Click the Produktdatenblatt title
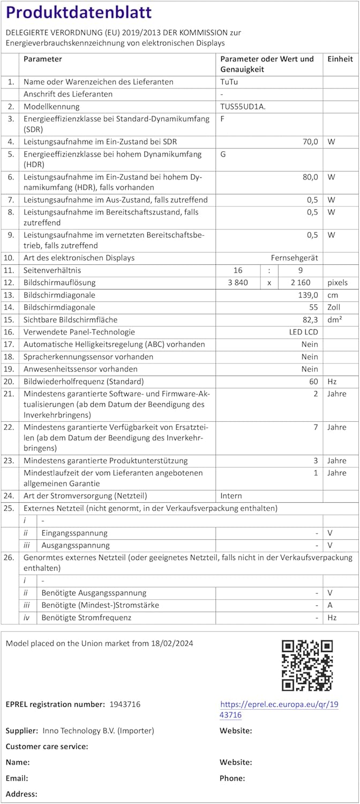click(x=79, y=12)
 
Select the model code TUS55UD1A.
click(x=243, y=106)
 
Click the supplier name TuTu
click(x=229, y=82)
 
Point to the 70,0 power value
click(x=310, y=142)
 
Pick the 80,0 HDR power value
click(x=310, y=176)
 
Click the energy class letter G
click(x=223, y=154)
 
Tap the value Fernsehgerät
click(x=294, y=258)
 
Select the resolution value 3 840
click(x=234, y=282)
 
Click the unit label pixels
click(x=337, y=282)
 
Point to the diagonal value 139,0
click(x=308, y=295)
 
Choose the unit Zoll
click(x=334, y=307)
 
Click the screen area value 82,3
click(x=310, y=319)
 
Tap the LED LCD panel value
click(x=303, y=332)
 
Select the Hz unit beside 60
click(x=332, y=381)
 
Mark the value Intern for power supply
click(x=231, y=496)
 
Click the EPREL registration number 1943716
click(x=125, y=704)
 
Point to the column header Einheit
click(x=340, y=59)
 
